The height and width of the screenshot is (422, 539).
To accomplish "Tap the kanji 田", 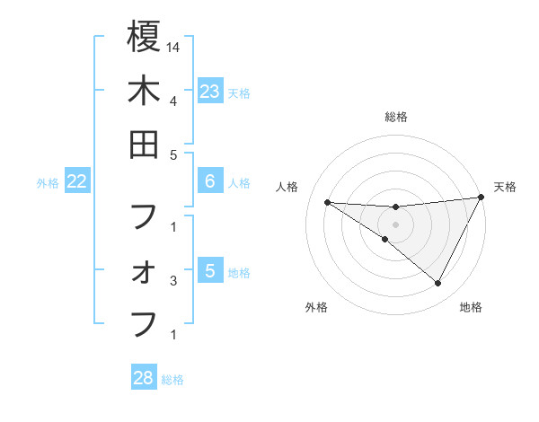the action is (144, 145).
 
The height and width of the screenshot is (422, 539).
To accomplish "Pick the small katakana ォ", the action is (144, 273).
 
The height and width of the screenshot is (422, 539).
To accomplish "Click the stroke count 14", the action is (173, 47).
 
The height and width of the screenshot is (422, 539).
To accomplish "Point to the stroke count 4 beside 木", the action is (172, 101).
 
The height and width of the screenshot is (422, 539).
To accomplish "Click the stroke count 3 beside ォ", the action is (172, 282).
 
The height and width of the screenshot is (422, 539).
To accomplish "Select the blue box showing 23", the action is (209, 91).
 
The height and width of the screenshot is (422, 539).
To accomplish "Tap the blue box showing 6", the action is (209, 182).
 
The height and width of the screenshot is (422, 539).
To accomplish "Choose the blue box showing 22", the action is (77, 182).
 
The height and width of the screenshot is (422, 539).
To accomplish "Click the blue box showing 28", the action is (144, 378).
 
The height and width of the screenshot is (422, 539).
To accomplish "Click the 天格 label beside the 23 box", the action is (239, 92).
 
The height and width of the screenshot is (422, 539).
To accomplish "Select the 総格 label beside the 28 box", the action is (172, 380).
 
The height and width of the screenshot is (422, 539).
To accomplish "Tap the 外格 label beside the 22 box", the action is (48, 183).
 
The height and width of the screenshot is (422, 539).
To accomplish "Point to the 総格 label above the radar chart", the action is (395, 117).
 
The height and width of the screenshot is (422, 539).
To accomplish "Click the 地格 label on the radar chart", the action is (471, 307).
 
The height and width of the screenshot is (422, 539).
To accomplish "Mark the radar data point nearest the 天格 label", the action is (482, 197).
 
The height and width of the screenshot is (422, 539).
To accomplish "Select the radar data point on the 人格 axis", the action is (327, 202).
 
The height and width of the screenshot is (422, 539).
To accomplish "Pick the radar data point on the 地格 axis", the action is (437, 283).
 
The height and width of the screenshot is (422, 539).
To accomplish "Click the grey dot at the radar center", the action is (395, 224).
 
